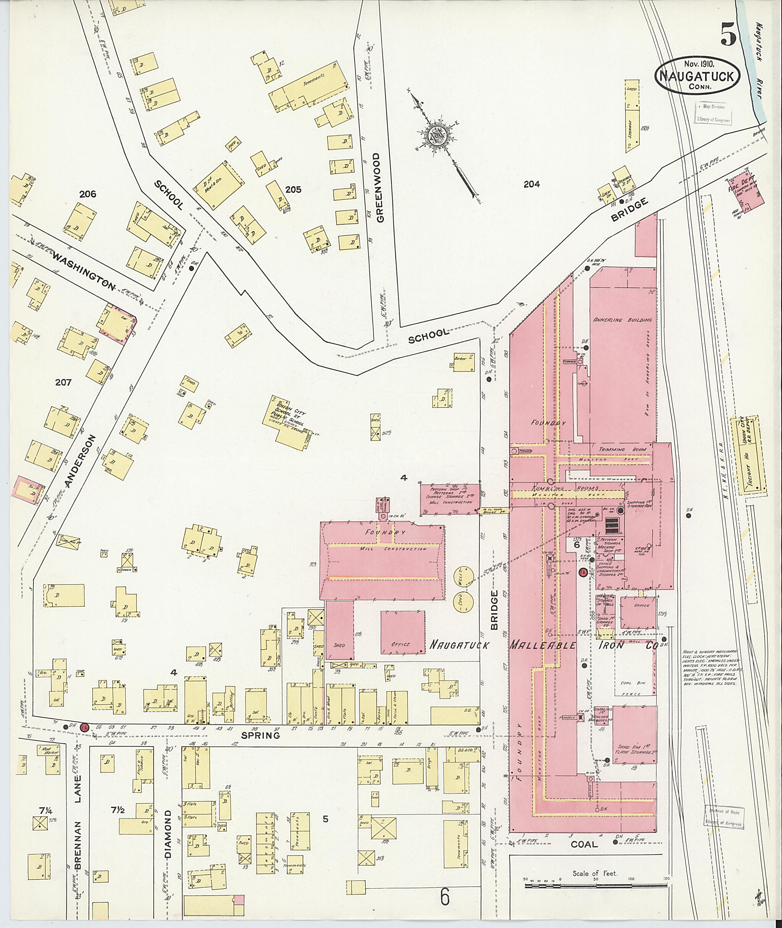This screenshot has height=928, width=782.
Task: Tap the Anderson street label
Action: coord(79,462)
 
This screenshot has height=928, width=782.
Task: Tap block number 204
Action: coord(532,184)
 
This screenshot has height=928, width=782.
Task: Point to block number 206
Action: coord(88,193)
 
